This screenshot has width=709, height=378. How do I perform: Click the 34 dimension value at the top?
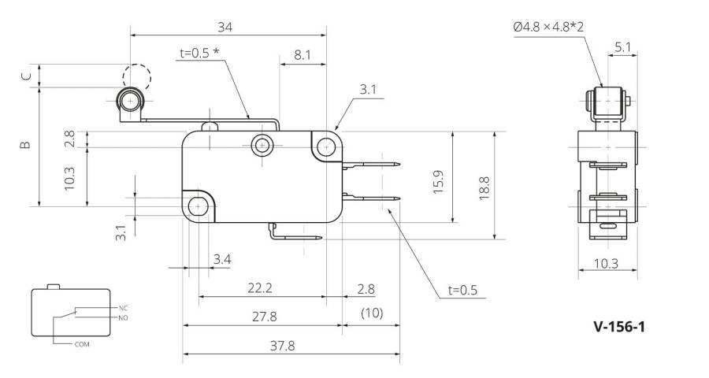[225, 27]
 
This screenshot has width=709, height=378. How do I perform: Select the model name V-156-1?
[619, 327]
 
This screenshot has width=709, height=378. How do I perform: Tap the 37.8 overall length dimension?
[283, 346]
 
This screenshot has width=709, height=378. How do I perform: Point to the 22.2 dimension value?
[260, 288]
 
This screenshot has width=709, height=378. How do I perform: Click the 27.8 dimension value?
[265, 317]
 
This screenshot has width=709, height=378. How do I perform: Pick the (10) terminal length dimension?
[372, 313]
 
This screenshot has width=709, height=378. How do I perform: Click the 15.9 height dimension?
[438, 182]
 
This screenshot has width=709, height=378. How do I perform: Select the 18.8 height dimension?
[484, 188]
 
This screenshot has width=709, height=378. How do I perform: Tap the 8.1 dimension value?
[303, 54]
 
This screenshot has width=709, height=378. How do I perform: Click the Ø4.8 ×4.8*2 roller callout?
[548, 27]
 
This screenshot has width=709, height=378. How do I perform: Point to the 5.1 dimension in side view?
[622, 47]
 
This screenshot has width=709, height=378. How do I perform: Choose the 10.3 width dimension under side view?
[606, 263]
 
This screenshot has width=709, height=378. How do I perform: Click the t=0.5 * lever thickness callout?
[199, 53]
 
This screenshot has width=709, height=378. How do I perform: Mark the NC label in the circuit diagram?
[124, 308]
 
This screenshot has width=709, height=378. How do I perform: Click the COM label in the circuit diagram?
[82, 344]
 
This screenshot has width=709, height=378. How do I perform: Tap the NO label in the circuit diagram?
[124, 318]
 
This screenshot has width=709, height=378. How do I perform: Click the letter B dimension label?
[25, 145]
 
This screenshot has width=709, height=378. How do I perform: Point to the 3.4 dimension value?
[222, 259]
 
